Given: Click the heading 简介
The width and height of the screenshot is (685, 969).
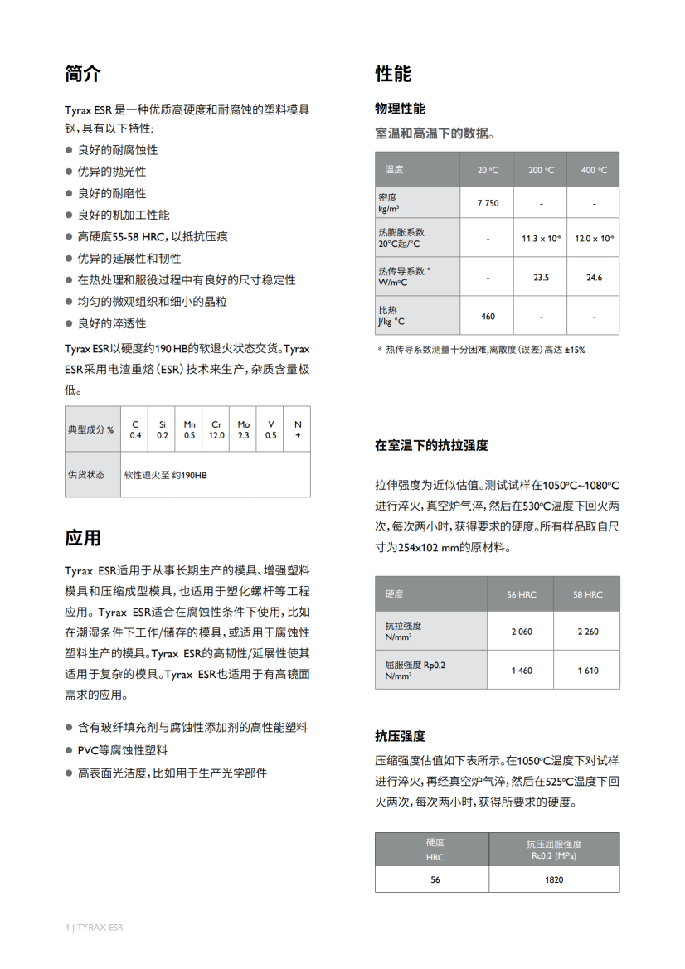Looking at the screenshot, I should tap(83, 74).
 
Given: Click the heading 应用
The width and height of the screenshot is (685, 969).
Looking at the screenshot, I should tap(83, 538).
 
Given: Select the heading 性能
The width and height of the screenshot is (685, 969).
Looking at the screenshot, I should tap(393, 74).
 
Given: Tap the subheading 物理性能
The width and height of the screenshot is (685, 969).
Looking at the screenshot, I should tap(400, 109).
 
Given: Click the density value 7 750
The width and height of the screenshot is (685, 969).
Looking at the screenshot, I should tap(488, 203).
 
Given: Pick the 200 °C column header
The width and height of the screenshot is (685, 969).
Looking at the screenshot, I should tap(541, 170).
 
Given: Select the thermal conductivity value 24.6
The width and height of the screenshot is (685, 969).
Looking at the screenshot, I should tap(594, 278).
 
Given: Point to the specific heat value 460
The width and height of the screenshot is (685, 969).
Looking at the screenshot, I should tap(488, 316).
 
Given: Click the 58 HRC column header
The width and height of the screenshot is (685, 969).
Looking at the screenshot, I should tap(587, 594).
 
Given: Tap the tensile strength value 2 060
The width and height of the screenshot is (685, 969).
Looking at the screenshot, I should tap(522, 632).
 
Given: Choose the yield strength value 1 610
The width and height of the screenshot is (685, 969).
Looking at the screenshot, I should tap(587, 671).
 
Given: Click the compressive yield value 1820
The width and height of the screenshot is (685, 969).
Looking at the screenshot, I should tap(554, 879).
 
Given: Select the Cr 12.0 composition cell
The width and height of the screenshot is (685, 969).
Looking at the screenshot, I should tap(216, 429).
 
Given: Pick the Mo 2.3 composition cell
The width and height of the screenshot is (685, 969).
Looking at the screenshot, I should tap(244, 429).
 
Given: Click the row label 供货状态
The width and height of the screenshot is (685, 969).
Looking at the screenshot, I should tap(86, 475).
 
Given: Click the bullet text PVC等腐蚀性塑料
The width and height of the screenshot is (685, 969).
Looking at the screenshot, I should tap(122, 750).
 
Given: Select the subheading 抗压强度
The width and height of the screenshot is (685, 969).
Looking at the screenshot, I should tap(400, 736).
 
